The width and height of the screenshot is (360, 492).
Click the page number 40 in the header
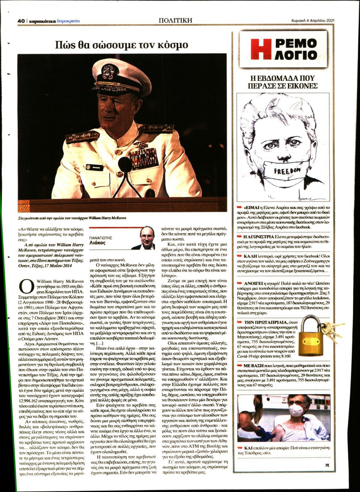coord(21,21)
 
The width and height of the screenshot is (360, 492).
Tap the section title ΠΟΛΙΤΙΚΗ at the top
coord(175,21)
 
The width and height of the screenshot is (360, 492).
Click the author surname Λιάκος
coord(97,243)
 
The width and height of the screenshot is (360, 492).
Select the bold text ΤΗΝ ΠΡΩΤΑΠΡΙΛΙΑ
coord(266,322)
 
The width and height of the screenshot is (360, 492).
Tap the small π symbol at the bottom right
coord(327,465)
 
